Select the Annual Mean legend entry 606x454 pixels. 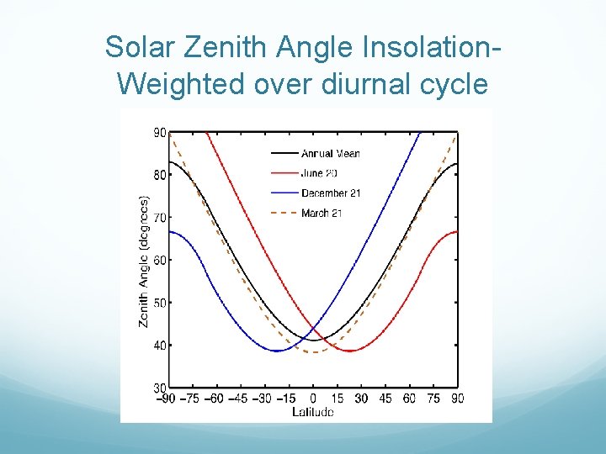click(x=330, y=153)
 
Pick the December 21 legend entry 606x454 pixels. click(x=330, y=193)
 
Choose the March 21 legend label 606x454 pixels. click(x=321, y=214)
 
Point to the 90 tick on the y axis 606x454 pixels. click(x=158, y=133)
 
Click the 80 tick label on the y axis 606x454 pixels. click(x=158, y=175)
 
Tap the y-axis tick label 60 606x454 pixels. click(x=158, y=260)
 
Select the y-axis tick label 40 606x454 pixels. click(x=158, y=345)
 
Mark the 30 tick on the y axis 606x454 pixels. click(x=158, y=387)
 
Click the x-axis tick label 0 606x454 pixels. click(x=313, y=399)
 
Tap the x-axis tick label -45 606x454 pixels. click(x=239, y=399)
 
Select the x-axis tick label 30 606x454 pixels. click(x=361, y=399)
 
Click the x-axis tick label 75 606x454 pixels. click(x=433, y=399)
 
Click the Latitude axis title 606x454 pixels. click(x=312, y=412)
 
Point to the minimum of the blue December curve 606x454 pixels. click(x=277, y=351)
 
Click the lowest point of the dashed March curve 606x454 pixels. click(x=313, y=352)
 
